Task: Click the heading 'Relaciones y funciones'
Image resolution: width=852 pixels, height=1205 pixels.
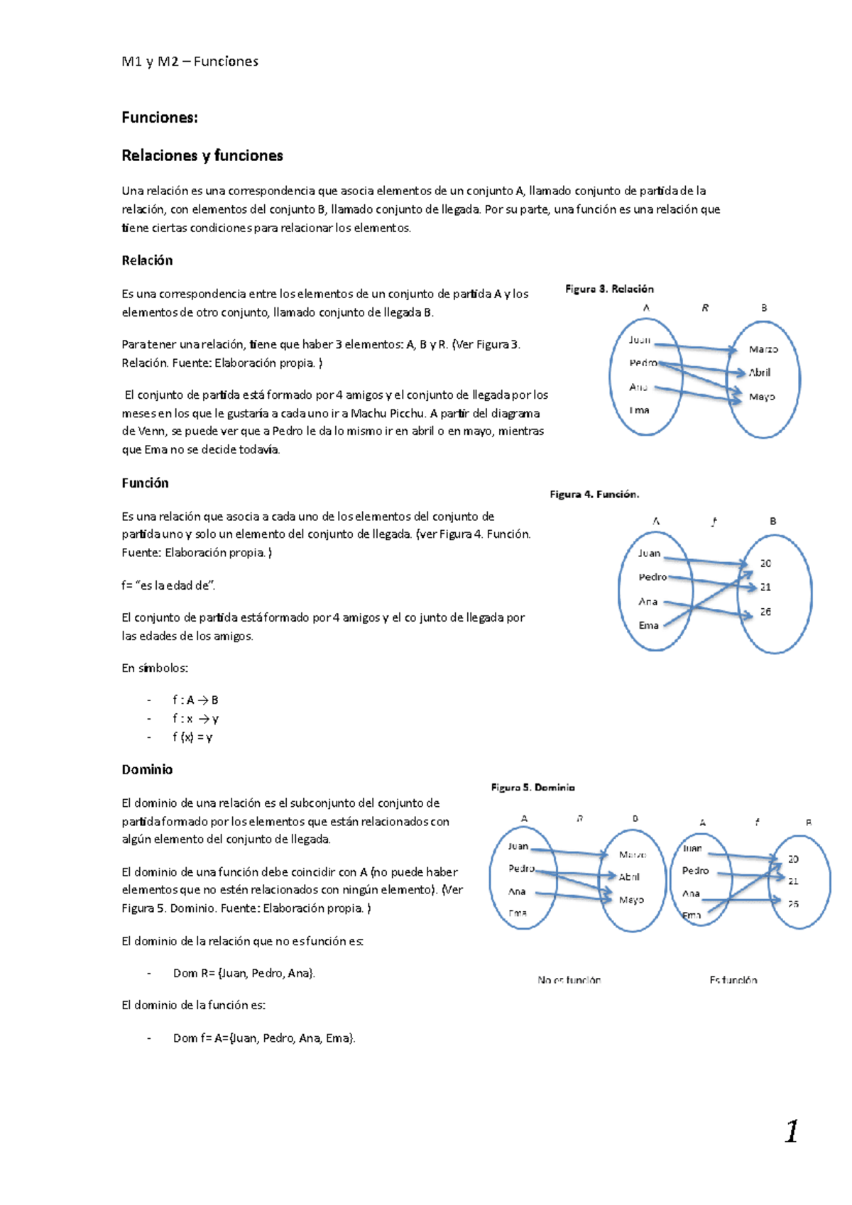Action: pyautogui.click(x=202, y=155)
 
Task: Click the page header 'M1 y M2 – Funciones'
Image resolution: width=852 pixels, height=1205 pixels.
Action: pyautogui.click(x=190, y=62)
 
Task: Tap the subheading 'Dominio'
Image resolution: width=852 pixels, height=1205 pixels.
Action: pyautogui.click(x=147, y=769)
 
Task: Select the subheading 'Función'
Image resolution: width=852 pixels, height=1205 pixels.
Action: pyautogui.click(x=145, y=483)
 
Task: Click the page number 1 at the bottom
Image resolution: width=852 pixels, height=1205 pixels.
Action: pyautogui.click(x=791, y=1131)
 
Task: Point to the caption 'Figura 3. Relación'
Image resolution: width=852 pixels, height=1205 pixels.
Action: pyautogui.click(x=609, y=289)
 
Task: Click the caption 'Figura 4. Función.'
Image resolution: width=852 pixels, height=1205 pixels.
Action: pyautogui.click(x=594, y=494)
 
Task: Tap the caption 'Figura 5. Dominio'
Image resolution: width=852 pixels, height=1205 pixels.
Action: pyautogui.click(x=532, y=787)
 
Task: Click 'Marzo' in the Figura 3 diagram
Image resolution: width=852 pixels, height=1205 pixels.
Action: pyautogui.click(x=763, y=349)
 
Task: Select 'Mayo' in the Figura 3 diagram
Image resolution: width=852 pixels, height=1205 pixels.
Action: pyautogui.click(x=762, y=397)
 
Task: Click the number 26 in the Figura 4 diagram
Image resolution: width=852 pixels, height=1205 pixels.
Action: pyautogui.click(x=765, y=612)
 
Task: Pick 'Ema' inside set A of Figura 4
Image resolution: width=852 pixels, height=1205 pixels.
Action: pyautogui.click(x=648, y=625)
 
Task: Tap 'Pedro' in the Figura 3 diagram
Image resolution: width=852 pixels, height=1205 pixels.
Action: pyautogui.click(x=643, y=363)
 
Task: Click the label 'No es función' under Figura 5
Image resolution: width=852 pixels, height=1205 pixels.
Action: pyautogui.click(x=569, y=979)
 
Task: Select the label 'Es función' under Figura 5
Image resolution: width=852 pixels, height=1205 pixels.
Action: pyautogui.click(x=733, y=979)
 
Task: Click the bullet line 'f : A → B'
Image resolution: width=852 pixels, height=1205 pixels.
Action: pyautogui.click(x=195, y=700)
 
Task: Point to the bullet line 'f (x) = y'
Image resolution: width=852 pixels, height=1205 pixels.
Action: pyautogui.click(x=192, y=737)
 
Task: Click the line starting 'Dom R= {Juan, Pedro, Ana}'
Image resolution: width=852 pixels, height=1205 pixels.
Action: pyautogui.click(x=244, y=973)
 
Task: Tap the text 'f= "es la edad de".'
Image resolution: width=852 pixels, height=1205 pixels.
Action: pyautogui.click(x=168, y=585)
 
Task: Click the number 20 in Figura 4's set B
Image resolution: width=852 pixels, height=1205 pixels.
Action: pyautogui.click(x=765, y=563)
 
